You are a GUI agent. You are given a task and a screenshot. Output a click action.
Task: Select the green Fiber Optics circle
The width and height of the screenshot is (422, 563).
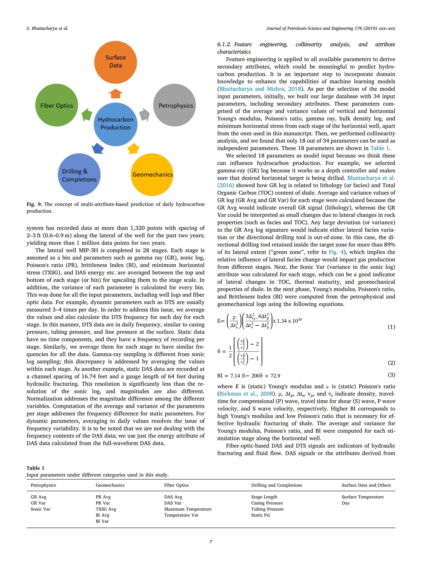click(56, 105)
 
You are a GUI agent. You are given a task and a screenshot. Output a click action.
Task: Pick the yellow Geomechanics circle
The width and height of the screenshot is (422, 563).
click(152, 175)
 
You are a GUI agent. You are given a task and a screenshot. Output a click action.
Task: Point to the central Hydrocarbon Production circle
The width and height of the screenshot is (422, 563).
click(116, 124)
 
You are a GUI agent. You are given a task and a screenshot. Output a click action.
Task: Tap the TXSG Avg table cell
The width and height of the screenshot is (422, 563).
click(106, 509)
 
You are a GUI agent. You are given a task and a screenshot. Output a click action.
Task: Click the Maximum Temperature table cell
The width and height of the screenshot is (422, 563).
click(188, 509)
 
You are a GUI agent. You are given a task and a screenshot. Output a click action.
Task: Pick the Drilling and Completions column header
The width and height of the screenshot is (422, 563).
click(276, 485)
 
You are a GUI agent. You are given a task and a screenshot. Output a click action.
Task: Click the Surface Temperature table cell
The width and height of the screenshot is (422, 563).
click(362, 497)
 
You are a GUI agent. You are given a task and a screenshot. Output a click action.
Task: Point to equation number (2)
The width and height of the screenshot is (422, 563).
click(391, 363)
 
